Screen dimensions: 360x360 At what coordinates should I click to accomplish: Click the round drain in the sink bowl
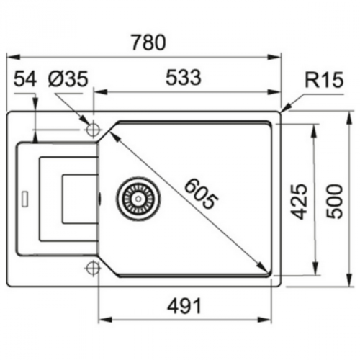point(134,197)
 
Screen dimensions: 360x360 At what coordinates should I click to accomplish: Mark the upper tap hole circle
point(92,130)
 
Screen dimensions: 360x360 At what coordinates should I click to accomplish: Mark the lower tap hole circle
point(92,269)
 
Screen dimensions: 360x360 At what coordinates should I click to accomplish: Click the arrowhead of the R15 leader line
point(284,110)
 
